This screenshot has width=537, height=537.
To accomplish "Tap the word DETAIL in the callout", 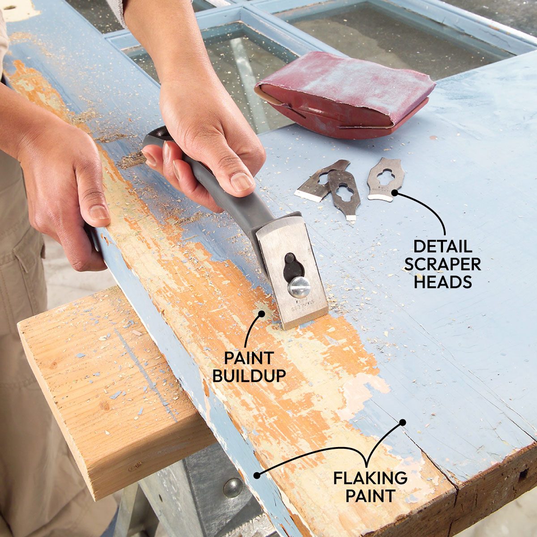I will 443,247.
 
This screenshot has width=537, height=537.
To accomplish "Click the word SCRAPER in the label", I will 443,264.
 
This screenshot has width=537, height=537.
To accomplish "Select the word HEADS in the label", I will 443,282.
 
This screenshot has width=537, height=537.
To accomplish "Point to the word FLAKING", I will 370,478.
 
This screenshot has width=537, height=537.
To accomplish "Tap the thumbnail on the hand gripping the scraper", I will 242,182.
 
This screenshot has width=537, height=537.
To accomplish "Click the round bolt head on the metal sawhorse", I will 232,487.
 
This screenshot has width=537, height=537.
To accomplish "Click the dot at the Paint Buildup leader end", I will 260,314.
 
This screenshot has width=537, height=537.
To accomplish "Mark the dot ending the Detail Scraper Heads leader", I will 395,193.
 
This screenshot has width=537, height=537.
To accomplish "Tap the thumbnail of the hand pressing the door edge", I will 98,212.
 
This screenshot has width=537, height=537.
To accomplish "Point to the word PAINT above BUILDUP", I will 249,358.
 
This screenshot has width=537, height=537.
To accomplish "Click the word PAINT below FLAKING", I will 370,496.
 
